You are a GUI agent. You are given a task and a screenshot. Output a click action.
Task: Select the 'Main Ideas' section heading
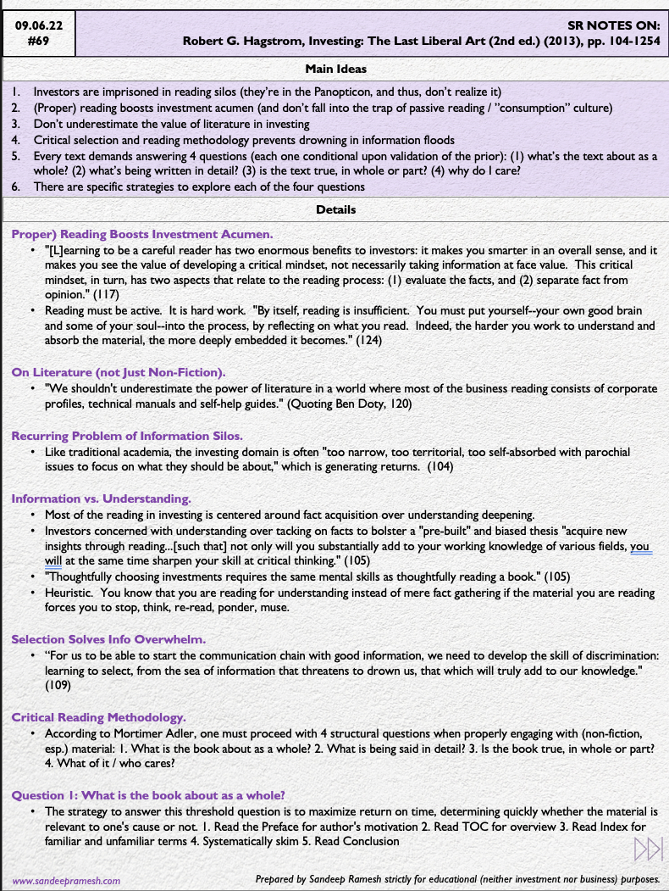(335, 69)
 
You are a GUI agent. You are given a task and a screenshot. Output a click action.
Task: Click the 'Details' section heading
(335, 209)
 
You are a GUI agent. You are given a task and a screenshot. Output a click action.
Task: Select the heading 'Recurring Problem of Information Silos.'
(127, 436)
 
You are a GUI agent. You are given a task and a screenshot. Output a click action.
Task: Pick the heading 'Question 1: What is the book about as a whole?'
(147, 795)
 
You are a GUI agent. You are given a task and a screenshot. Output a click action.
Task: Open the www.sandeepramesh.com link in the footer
(66, 880)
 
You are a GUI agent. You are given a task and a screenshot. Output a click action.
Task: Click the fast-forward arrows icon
(647, 849)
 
